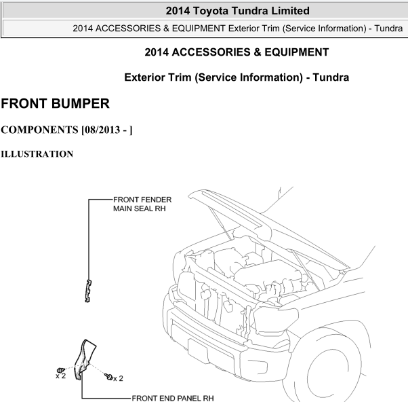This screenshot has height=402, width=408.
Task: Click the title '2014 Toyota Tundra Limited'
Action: [238, 11]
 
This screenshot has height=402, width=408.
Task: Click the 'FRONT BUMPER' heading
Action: [55, 103]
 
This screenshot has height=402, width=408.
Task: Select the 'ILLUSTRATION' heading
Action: [37, 154]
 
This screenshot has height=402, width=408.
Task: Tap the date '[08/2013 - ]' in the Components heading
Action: [107, 130]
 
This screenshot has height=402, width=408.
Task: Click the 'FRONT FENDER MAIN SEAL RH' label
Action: [142, 204]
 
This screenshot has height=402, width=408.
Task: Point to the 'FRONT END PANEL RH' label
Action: [173, 399]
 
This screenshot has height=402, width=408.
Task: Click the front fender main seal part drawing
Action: [88, 291]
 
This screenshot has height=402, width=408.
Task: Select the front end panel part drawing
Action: [84, 359]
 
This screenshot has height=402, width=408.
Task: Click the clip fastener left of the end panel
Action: [60, 371]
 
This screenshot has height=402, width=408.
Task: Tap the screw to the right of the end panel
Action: [108, 376]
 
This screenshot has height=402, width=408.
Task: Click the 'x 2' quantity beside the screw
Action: [118, 378]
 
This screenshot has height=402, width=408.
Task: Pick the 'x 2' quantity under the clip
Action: [60, 376]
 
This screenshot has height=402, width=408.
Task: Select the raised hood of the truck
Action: [268, 227]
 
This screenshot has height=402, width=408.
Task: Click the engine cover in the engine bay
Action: [268, 272]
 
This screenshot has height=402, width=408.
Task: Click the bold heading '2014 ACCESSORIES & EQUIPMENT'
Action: [237, 52]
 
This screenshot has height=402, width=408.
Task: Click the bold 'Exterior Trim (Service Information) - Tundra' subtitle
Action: [237, 77]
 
